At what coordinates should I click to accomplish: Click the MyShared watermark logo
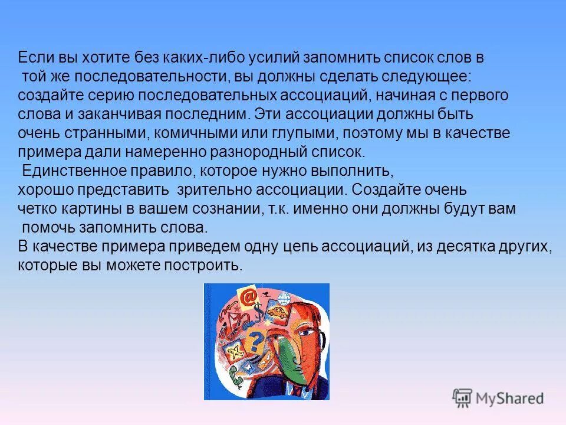click(498, 398)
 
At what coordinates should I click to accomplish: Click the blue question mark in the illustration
click(255, 341)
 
